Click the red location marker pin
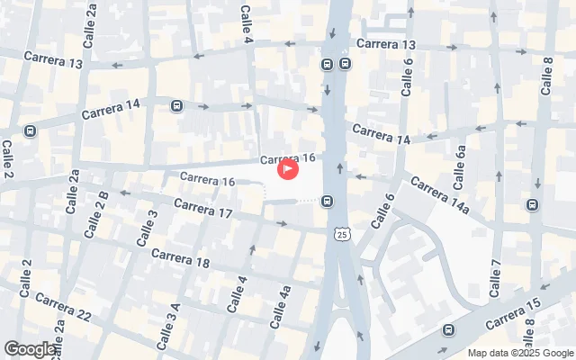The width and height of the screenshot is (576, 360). pyautogui.click(x=287, y=167)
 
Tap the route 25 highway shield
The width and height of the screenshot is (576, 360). pyautogui.click(x=341, y=234)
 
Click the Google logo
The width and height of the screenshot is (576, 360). pyautogui.click(x=29, y=349)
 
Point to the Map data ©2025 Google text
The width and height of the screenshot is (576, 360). pyautogui.click(x=520, y=353)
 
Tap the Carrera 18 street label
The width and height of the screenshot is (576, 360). pyautogui.click(x=180, y=258)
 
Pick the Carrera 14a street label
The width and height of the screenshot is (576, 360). pyautogui.click(x=440, y=195)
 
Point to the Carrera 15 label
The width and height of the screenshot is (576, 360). pyautogui.click(x=512, y=312)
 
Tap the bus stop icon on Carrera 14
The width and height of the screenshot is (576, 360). pyautogui.click(x=176, y=106)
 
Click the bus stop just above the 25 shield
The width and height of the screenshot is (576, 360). pyautogui.click(x=328, y=201)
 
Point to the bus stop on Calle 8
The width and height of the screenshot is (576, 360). pyautogui.click(x=532, y=204)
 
